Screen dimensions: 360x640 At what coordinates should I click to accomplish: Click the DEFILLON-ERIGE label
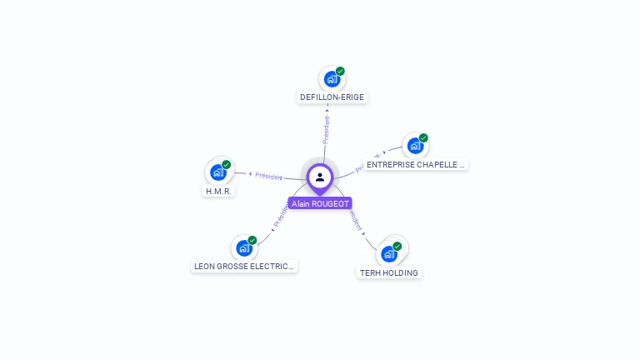click(x=332, y=97)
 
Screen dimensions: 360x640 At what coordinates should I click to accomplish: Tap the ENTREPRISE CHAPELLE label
click(x=415, y=165)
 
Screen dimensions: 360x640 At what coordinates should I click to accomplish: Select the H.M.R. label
click(x=218, y=192)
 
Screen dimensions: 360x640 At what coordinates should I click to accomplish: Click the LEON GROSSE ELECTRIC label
click(x=244, y=267)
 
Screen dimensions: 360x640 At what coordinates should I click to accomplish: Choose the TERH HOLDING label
click(x=389, y=272)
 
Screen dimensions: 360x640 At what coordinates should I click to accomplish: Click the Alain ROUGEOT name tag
click(x=320, y=203)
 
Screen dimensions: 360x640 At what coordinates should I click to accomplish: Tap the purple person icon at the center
click(x=320, y=177)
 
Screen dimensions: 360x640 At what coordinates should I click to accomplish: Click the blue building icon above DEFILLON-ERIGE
click(x=332, y=80)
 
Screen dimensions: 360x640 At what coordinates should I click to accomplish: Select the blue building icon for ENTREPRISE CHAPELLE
click(x=414, y=147)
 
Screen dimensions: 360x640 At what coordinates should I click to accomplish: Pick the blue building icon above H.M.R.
click(x=217, y=173)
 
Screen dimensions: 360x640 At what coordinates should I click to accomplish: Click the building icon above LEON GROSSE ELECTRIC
click(x=243, y=248)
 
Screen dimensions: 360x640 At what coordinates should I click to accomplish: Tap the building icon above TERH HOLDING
click(x=388, y=254)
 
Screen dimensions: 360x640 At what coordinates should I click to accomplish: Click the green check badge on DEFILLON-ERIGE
click(x=340, y=72)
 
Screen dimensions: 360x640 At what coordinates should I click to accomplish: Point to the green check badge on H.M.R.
click(x=226, y=165)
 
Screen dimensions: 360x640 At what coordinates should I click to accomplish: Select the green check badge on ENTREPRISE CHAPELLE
click(x=423, y=138)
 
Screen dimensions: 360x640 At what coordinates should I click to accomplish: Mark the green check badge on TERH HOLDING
click(x=397, y=246)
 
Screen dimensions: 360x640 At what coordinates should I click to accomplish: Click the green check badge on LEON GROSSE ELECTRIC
click(x=252, y=240)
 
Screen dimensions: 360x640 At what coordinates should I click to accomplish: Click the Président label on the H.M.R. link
click(x=268, y=176)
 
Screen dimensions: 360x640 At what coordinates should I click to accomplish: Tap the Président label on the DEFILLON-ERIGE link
click(x=327, y=130)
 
